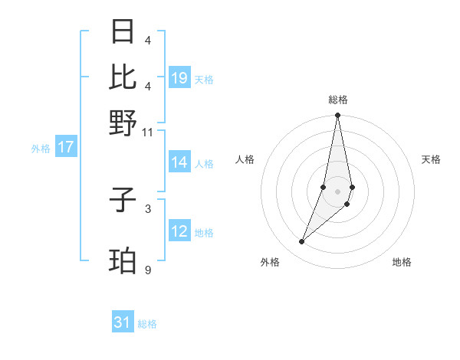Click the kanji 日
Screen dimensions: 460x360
pyautogui.click(x=123, y=32)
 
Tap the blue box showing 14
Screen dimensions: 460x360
pyautogui.click(x=179, y=162)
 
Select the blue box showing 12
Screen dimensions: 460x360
pyautogui.click(x=179, y=232)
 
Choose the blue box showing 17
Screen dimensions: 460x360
pyautogui.click(x=66, y=147)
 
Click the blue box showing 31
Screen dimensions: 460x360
pyautogui.click(x=123, y=322)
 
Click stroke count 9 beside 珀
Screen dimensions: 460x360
pyautogui.click(x=147, y=270)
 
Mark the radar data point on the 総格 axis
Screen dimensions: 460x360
pyautogui.click(x=337, y=116)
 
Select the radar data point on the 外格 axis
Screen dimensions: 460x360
pyautogui.click(x=302, y=242)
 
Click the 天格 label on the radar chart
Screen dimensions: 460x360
pyautogui.click(x=432, y=159)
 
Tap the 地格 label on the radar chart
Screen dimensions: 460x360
pyautogui.click(x=402, y=263)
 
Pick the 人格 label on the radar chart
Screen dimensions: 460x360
pyautogui.click(x=245, y=159)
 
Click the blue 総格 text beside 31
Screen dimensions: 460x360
pyautogui.click(x=147, y=324)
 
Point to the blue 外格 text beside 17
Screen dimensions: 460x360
pyautogui.click(x=41, y=149)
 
